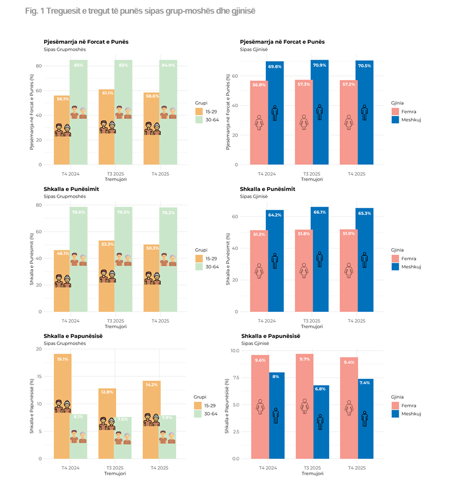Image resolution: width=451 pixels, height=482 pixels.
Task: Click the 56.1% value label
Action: (63, 98)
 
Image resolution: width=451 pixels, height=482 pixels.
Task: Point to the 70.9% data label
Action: (320, 65)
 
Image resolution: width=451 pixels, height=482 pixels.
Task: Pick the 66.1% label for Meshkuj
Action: (320, 212)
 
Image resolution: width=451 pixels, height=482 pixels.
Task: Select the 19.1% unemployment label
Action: (63, 359)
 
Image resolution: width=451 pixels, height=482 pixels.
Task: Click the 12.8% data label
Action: (107, 391)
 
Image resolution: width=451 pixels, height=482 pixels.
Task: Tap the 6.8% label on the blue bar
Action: (320, 389)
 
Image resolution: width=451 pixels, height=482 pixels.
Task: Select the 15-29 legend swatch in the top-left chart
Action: (199, 111)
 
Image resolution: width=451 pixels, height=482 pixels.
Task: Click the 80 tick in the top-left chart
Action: (38, 66)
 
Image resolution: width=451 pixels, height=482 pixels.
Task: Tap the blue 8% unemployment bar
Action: (275, 419)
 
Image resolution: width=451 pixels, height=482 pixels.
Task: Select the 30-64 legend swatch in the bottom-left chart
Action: (199, 413)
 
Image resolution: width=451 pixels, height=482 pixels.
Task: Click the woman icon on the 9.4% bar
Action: (348, 408)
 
